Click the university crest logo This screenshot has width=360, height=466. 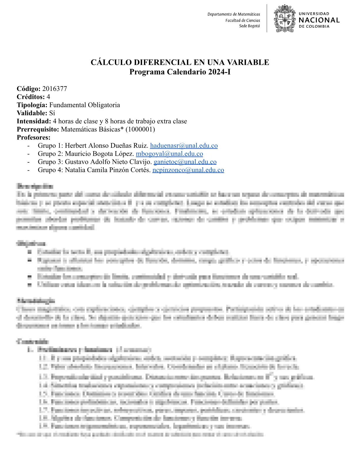click(284, 18)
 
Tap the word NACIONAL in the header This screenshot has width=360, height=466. click(319, 20)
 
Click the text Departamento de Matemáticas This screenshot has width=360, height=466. click(234, 14)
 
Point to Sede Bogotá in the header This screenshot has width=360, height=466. click(249, 26)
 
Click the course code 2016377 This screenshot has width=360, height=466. click(54, 89)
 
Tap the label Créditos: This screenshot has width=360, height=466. click(31, 97)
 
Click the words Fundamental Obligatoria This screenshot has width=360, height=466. click(84, 105)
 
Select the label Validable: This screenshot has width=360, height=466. click(32, 113)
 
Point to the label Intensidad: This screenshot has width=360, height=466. click(34, 121)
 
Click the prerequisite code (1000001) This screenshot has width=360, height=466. click(140, 129)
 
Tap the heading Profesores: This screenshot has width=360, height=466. click(34, 137)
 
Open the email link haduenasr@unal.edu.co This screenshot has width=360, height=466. click(184, 146)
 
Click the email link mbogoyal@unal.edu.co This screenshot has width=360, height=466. click(169, 154)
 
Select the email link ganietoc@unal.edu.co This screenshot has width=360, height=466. click(185, 162)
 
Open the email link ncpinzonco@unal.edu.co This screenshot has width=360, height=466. click(188, 170)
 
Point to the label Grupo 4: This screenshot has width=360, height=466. click(50, 170)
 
